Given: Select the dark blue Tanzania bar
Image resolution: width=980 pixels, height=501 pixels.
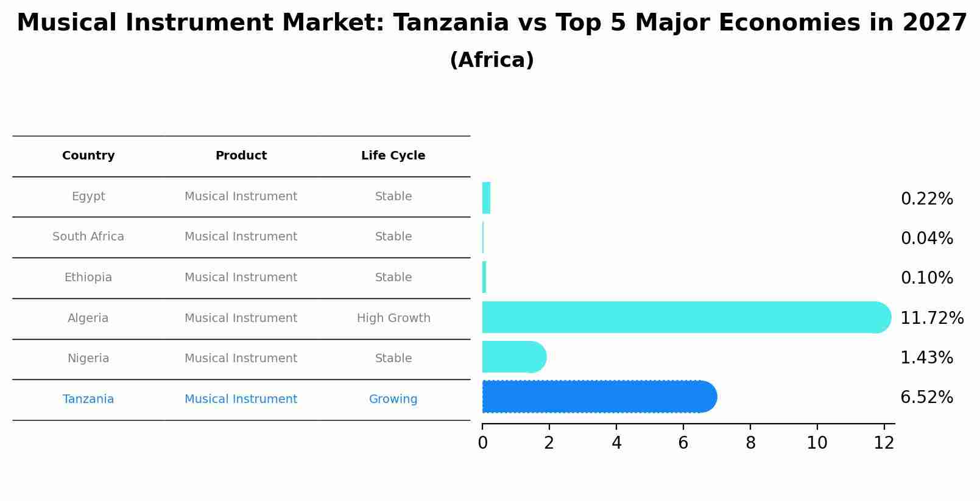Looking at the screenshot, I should pyautogui.click(x=597, y=397).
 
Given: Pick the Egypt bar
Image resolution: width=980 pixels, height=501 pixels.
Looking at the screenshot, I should pyautogui.click(x=486, y=198).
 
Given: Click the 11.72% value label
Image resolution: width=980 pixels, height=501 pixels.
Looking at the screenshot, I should pyautogui.click(x=931, y=318).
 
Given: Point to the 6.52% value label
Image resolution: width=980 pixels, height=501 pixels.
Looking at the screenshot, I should pyautogui.click(x=926, y=398).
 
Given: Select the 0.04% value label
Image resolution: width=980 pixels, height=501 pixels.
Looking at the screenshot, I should pyautogui.click(x=926, y=238).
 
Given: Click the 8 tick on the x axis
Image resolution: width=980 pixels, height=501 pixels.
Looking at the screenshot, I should pyautogui.click(x=750, y=443).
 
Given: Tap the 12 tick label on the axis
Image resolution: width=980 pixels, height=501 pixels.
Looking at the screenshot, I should pyautogui.click(x=884, y=443).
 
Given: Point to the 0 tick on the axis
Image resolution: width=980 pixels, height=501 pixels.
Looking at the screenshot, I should pyautogui.click(x=482, y=443).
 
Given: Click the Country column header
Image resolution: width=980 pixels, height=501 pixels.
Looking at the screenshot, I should pyautogui.click(x=88, y=156).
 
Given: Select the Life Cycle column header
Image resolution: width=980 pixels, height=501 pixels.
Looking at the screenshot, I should pyautogui.click(x=393, y=156).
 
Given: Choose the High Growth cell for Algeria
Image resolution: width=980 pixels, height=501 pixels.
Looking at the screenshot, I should pyautogui.click(x=393, y=318).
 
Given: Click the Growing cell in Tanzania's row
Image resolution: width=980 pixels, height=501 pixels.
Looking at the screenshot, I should pyautogui.click(x=393, y=399).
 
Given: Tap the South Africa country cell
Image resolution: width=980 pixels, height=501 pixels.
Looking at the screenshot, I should pyautogui.click(x=88, y=237).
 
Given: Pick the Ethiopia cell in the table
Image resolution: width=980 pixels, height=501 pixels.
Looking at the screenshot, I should pyautogui.click(x=88, y=278).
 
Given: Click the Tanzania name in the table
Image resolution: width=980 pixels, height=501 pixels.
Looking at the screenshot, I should pyautogui.click(x=88, y=399).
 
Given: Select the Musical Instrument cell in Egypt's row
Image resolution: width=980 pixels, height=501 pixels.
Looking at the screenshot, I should pyautogui.click(x=241, y=197).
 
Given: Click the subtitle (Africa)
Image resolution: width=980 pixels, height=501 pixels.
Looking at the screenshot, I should pyautogui.click(x=492, y=60).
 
